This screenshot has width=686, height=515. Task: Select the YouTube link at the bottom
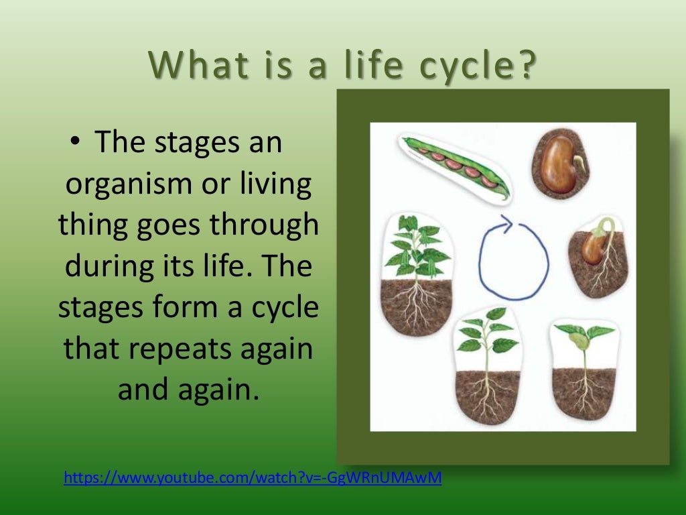pyautogui.click(x=253, y=478)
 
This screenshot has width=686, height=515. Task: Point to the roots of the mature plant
pyautogui.click(x=415, y=305)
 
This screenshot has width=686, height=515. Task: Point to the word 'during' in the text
pyautogui.click(x=108, y=266)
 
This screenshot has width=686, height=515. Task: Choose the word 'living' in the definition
pyautogui.click(x=278, y=184)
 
